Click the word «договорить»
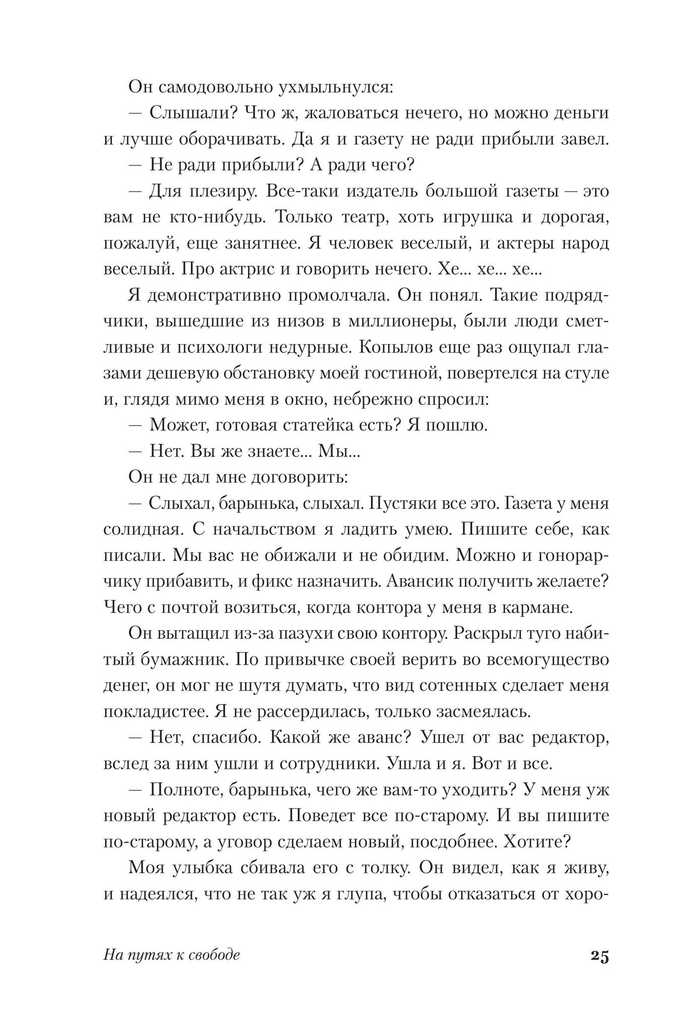pos(303,477)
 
